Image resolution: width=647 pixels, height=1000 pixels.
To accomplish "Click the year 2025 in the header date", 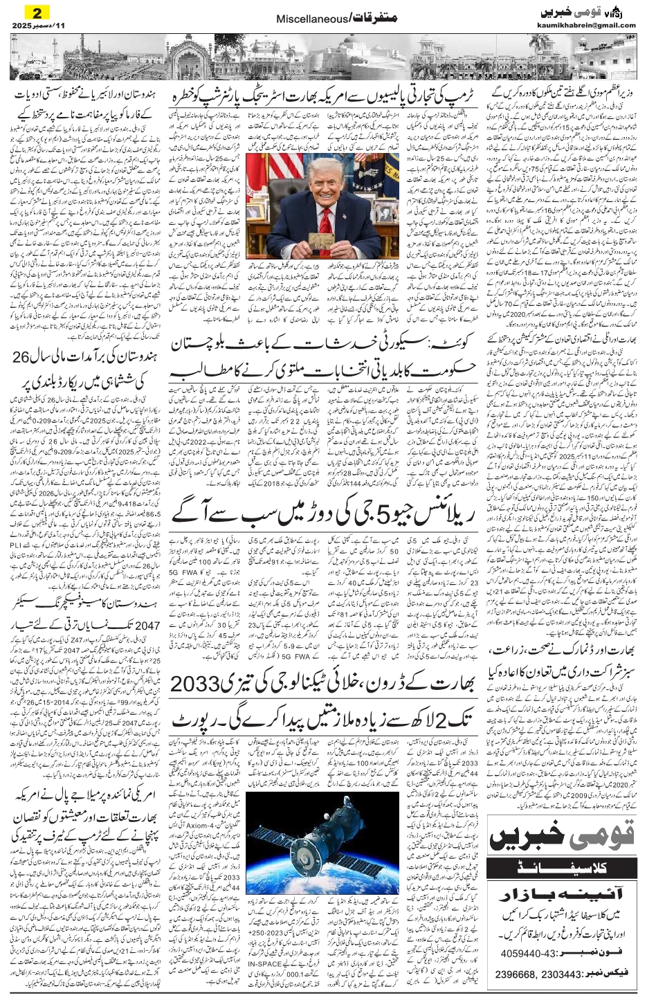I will coord(20,26).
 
